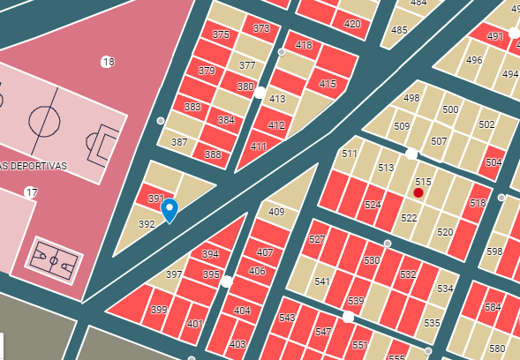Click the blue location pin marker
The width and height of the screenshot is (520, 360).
click(170, 210)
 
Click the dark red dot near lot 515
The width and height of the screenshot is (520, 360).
click(418, 192)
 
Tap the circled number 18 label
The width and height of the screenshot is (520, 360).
click(108, 62)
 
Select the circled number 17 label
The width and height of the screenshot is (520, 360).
click(31, 192)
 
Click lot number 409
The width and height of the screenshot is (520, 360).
click(276, 212)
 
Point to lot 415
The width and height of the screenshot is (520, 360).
click(328, 85)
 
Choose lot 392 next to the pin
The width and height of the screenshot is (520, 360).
click(147, 224)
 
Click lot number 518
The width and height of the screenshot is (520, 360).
click(478, 203)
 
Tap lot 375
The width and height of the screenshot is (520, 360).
click(221, 34)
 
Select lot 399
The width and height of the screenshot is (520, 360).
click(159, 310)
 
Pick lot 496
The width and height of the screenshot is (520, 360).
click(474, 60)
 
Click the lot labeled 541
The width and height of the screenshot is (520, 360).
click(321, 281)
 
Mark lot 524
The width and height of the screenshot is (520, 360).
click(373, 205)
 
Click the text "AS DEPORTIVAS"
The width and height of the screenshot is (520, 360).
click(34, 166)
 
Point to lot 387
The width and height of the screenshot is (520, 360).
click(179, 142)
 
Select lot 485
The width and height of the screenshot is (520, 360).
click(399, 30)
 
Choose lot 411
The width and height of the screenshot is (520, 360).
click(258, 146)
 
